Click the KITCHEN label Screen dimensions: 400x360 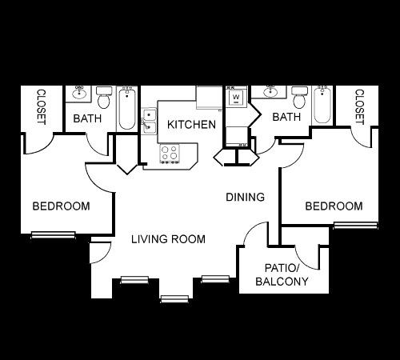[191, 125]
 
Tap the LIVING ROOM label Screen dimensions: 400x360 [168, 239]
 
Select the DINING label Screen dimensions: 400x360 [245, 197]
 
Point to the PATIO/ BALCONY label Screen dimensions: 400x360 [282, 274]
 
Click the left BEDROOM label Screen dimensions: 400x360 [61, 206]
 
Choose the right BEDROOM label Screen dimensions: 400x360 [334, 206]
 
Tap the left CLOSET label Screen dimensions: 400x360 [41, 106]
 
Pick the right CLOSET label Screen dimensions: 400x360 [359, 106]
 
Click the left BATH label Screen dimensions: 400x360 [87, 118]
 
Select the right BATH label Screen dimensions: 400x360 [286, 117]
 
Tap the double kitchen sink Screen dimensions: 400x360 [149, 121]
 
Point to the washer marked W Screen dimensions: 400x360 [236, 97]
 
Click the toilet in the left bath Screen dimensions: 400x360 [104, 98]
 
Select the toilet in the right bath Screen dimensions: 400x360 [299, 98]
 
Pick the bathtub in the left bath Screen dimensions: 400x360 [127, 108]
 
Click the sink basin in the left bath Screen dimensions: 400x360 [79, 94]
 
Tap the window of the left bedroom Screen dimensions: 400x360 [54, 235]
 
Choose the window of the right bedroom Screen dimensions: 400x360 [356, 225]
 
